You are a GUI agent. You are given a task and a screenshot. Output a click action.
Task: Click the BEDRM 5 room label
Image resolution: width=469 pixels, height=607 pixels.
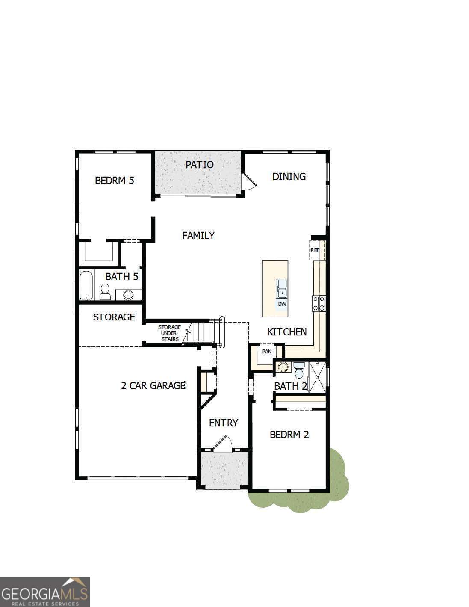point(114,180)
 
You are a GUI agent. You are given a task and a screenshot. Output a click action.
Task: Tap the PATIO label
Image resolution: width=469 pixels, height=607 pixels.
point(199,165)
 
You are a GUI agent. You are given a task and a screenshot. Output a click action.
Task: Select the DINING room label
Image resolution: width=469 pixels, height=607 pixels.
point(289,176)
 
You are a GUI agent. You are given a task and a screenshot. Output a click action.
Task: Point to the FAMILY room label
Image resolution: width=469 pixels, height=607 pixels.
point(198,235)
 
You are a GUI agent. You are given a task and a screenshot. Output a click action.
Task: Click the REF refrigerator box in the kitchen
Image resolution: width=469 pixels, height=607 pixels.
point(315,250)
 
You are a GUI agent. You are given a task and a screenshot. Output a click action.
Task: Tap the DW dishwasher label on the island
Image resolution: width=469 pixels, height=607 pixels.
point(282,304)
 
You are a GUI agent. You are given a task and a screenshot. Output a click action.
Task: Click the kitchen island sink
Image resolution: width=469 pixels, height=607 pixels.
point(281,288)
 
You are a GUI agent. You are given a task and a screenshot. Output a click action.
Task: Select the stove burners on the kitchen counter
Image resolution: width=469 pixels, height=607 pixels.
point(319,303)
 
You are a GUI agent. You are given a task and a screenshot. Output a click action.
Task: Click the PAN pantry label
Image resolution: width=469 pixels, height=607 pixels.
point(267,352)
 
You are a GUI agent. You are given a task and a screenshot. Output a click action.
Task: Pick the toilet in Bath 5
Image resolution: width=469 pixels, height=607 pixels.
point(105,292)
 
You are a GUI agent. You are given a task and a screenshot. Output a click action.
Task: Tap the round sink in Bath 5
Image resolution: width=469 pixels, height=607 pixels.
point(128,295)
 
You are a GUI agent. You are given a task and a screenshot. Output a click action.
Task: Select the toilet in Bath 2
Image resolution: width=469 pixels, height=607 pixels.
point(299,370)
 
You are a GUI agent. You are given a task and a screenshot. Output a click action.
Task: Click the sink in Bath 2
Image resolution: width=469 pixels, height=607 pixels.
point(282,367)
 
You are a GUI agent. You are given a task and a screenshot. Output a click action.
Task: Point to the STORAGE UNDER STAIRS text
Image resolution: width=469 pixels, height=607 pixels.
point(169,333)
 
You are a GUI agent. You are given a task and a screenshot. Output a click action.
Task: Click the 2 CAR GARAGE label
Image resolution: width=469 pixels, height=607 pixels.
point(153,386)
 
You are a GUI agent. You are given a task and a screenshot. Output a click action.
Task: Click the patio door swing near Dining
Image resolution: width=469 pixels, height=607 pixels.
point(248,181)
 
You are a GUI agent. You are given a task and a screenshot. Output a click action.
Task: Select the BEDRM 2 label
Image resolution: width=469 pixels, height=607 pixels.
point(289,435)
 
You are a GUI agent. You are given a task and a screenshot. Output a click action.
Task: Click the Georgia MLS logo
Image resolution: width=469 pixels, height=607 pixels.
point(45,592)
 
